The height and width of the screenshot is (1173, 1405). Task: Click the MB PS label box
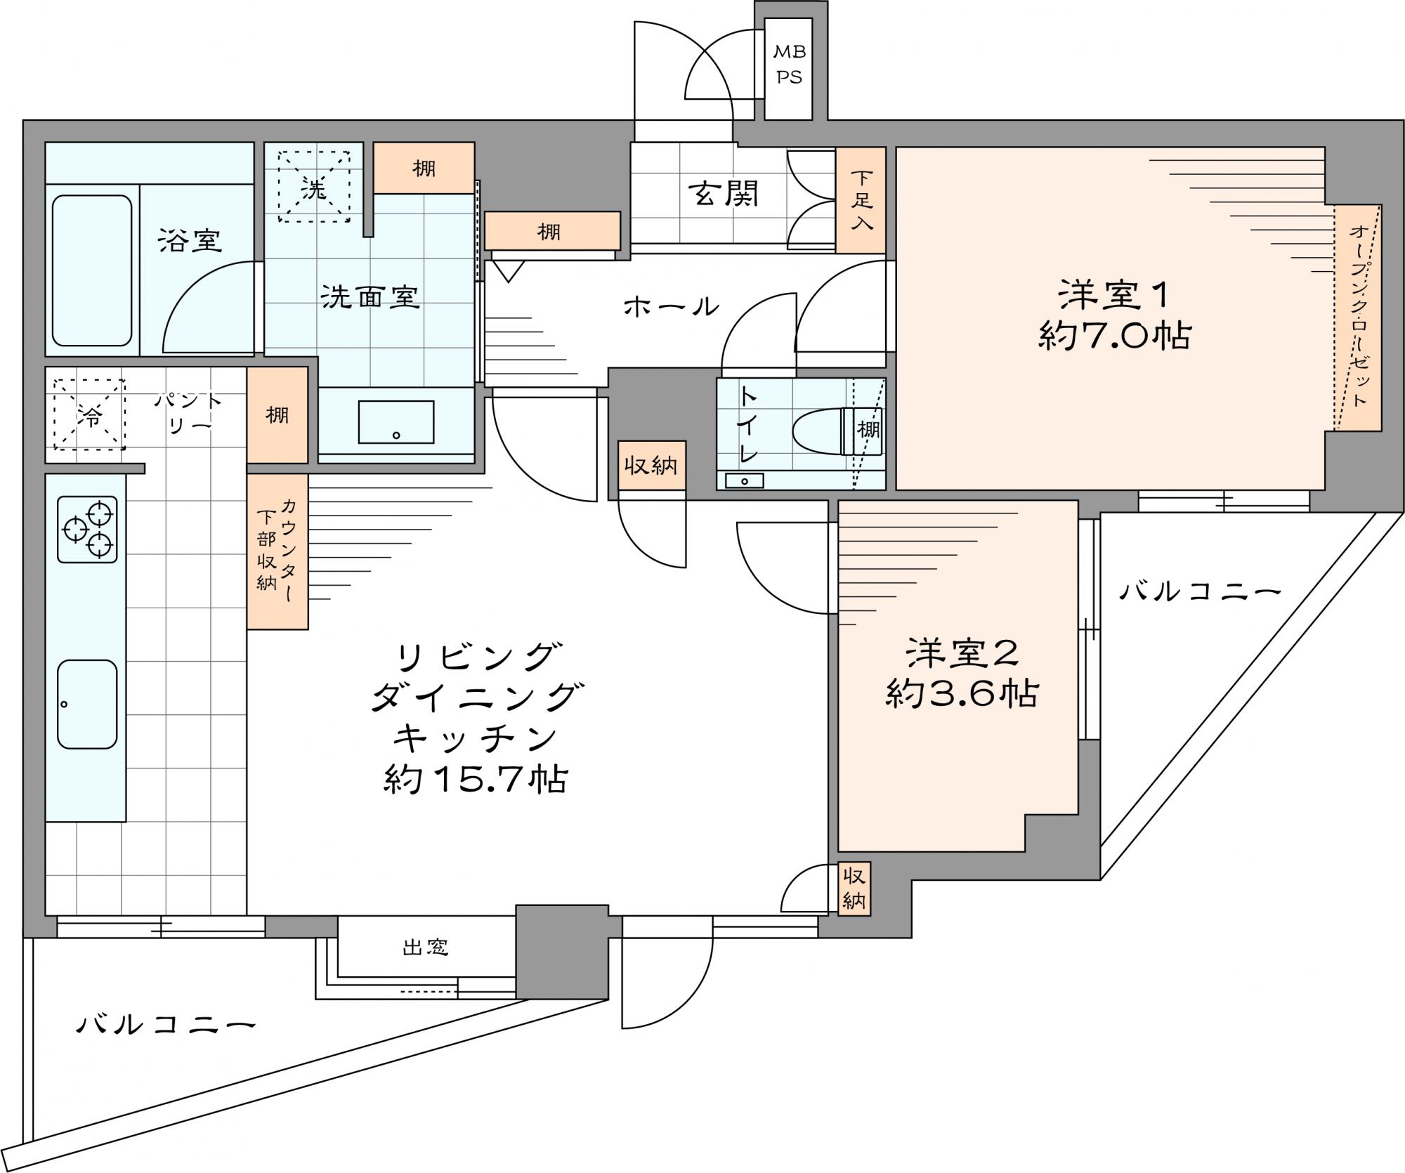click(788, 69)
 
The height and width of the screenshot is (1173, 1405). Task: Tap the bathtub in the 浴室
click(92, 270)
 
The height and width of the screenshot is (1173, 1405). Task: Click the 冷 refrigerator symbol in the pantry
click(89, 414)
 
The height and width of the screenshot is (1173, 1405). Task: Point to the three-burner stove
click(87, 530)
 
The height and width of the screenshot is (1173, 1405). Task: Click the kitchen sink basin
click(87, 705)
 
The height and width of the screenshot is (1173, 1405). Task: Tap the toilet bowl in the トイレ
click(823, 431)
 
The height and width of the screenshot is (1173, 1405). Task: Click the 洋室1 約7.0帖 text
click(1113, 315)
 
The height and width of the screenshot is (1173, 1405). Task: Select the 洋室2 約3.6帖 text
click(962, 674)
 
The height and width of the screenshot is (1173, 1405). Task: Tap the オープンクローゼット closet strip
click(1358, 317)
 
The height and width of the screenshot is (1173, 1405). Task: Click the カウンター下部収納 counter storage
click(277, 551)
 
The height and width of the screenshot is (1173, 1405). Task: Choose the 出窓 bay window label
click(426, 948)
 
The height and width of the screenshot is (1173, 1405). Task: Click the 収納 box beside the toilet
click(652, 465)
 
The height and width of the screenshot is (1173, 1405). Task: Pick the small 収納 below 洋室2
click(854, 889)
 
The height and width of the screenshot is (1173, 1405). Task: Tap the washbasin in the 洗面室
click(396, 422)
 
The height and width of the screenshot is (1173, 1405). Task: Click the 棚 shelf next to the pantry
click(277, 414)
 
